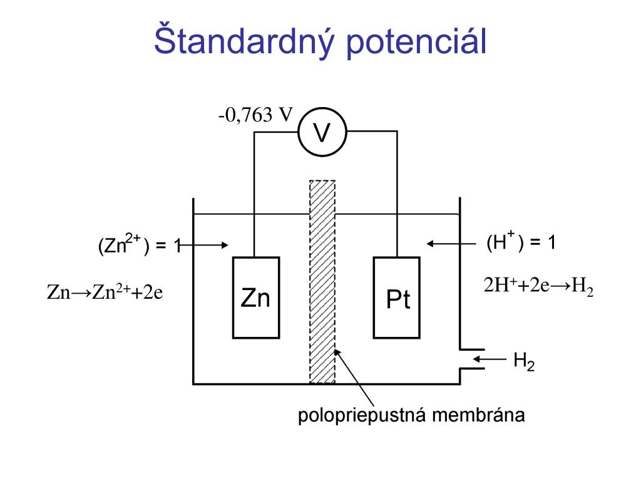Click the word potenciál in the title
413,41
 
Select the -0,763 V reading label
256,115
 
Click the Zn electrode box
255,297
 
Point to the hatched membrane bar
322,282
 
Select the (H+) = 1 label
521,242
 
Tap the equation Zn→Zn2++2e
105,292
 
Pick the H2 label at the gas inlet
524,361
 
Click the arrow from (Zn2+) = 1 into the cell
203,246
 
